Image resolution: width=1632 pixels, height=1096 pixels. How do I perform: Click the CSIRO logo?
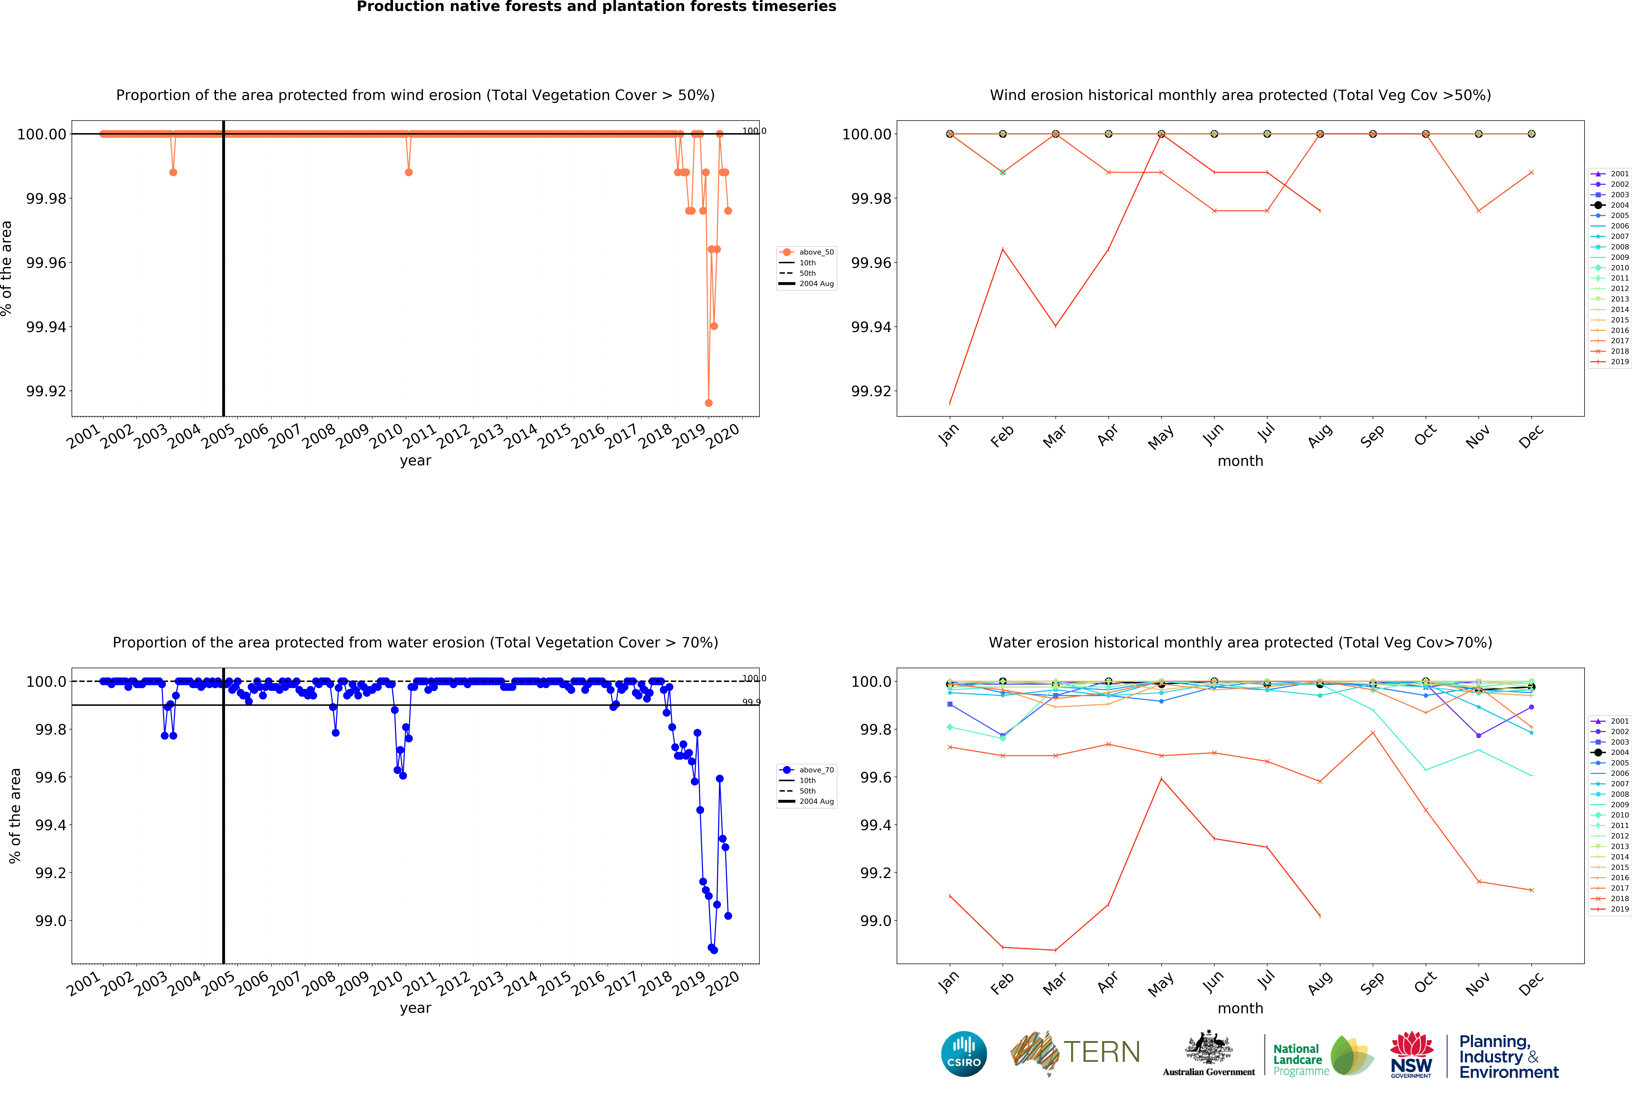[x=963, y=1053]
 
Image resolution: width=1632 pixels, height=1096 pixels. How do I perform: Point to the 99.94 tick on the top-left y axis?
[x=46, y=327]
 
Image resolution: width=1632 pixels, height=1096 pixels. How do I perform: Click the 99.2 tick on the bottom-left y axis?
[x=50, y=873]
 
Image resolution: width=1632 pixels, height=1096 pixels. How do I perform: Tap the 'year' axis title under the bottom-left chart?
[x=415, y=1008]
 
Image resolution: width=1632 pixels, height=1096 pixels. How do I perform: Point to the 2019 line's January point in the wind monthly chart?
[x=950, y=403]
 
